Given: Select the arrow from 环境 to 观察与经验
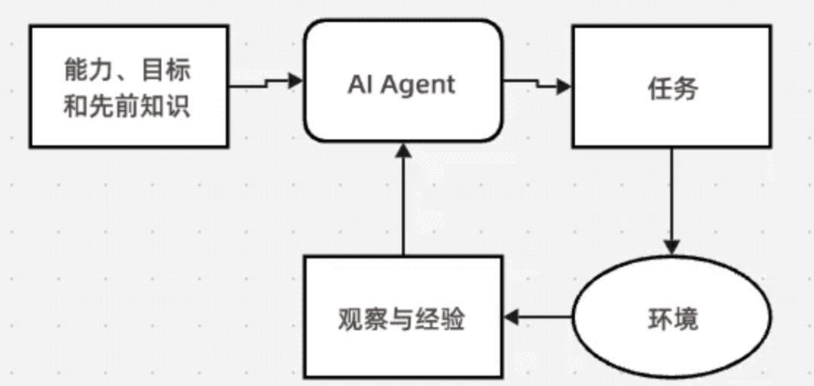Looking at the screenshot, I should click(x=539, y=317).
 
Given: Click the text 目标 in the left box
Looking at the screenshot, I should click(x=170, y=70).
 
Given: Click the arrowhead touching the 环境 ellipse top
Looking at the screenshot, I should click(x=672, y=248).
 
